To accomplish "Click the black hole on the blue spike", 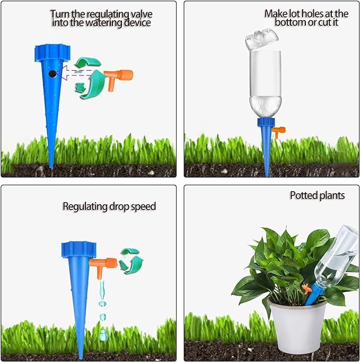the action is pos(52,74).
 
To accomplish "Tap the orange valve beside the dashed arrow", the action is pos(118,78).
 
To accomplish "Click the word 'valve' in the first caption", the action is pos(142,14).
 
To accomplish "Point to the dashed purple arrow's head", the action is pos(62,73).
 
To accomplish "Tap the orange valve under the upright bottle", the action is pos(279,132).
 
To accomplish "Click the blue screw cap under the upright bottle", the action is pos(266,123).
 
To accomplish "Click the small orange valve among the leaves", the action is pos(306,289).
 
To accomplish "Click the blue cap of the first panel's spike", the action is pos(52,53).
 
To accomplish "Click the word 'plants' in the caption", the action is pos(330,196).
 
